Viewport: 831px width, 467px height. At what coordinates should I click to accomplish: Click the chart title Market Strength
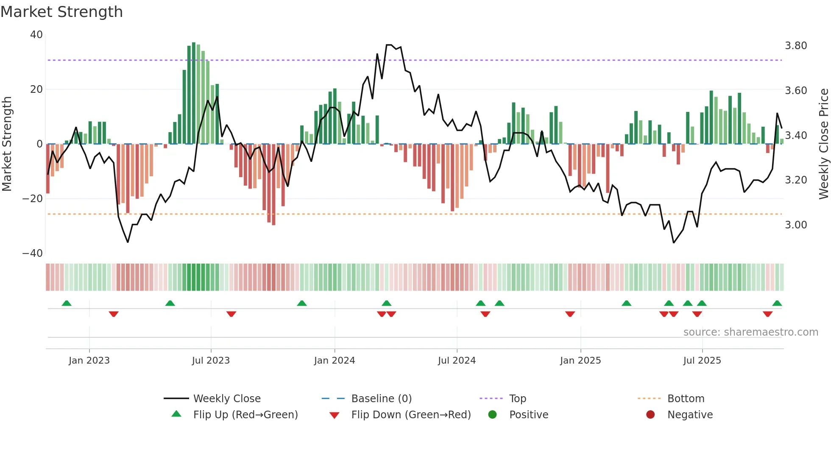tap(61, 12)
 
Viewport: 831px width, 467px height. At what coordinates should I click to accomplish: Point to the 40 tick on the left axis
tap(36, 35)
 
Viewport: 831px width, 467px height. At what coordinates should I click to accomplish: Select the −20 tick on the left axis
tap(33, 198)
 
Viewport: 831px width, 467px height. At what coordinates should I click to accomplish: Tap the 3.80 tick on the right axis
tap(796, 46)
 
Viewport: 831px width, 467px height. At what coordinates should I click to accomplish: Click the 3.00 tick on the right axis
tap(796, 225)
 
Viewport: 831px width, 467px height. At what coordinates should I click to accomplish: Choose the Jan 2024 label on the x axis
tap(335, 361)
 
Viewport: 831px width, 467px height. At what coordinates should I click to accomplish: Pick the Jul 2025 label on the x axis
tap(702, 361)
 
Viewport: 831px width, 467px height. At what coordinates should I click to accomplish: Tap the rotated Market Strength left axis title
tap(7, 144)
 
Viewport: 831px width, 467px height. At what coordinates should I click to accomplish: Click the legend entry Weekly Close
tap(227, 399)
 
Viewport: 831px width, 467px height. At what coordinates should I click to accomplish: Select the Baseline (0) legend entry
tap(381, 399)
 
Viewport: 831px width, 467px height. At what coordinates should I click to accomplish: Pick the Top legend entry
tap(517, 399)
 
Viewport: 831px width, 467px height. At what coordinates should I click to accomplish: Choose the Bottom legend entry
tap(686, 399)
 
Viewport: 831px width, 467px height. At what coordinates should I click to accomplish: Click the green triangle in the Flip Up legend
tap(176, 414)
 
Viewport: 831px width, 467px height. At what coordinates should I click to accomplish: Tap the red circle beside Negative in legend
tap(650, 414)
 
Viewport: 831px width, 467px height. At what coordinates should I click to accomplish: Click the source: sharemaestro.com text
tap(750, 332)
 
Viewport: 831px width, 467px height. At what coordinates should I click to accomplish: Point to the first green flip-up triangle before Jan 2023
tap(67, 303)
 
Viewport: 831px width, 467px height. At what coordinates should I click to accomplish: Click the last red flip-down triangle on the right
tap(767, 314)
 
